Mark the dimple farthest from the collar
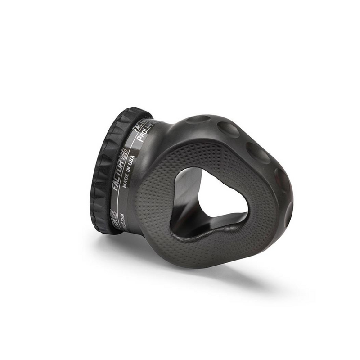point(288,209)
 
